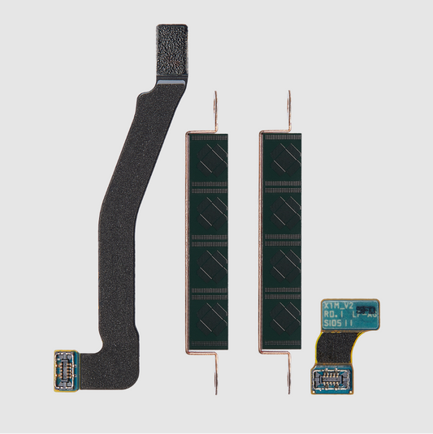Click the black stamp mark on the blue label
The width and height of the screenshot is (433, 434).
366,310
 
